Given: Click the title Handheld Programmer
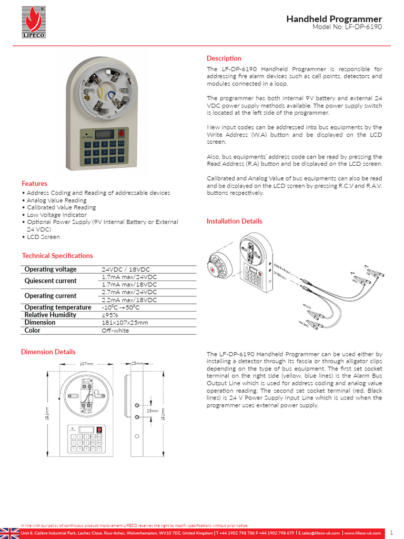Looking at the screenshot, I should (334, 19).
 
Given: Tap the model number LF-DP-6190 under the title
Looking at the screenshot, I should (347, 27).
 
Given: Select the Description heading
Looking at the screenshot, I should (224, 58).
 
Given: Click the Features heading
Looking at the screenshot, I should (34, 184).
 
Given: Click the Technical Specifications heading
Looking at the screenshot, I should (57, 256).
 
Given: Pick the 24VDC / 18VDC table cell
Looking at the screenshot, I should (126, 269).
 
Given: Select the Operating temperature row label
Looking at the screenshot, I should (58, 307).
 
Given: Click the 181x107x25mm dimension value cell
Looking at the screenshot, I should (125, 323).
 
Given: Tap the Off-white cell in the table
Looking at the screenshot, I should (115, 331).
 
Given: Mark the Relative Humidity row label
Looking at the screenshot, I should (50, 315).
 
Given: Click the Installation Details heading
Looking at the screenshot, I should (234, 221).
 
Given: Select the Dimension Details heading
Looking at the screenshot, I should (48, 352).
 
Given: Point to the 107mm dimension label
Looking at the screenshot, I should (86, 364).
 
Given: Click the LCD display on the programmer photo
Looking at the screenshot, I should (104, 134).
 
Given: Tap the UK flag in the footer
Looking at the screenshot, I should (9, 533).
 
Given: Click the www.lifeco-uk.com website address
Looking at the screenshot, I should (362, 533).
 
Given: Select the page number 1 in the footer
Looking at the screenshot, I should (391, 533).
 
